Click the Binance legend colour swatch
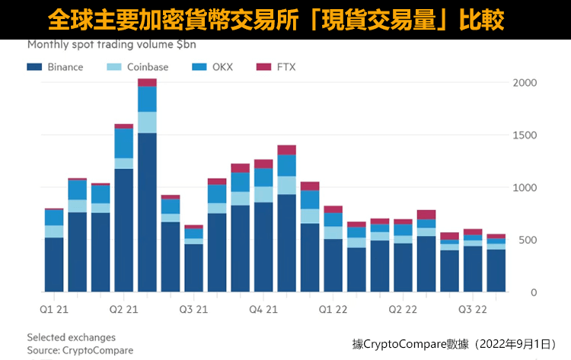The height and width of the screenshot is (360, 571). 34,67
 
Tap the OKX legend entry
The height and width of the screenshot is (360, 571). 217,67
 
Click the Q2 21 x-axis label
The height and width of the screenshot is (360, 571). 123,309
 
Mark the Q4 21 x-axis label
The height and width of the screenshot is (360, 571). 263,309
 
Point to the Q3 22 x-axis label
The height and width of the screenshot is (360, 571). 472,309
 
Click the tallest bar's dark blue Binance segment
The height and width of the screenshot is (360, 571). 147,213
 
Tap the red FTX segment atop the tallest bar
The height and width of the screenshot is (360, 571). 147,82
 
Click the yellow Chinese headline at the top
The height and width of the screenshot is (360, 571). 285,18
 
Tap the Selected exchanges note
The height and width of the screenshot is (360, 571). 71,337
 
